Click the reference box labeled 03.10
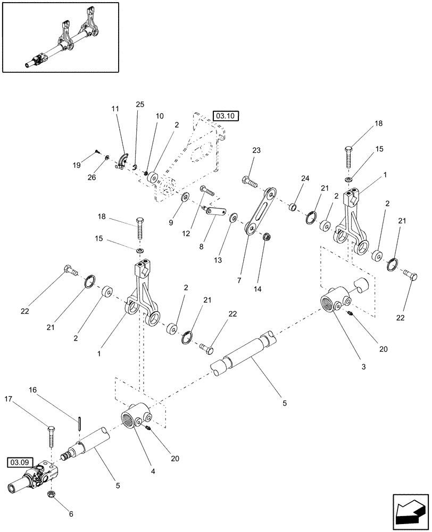point(219,115)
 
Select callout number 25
point(140,105)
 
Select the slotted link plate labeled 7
point(260,210)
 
